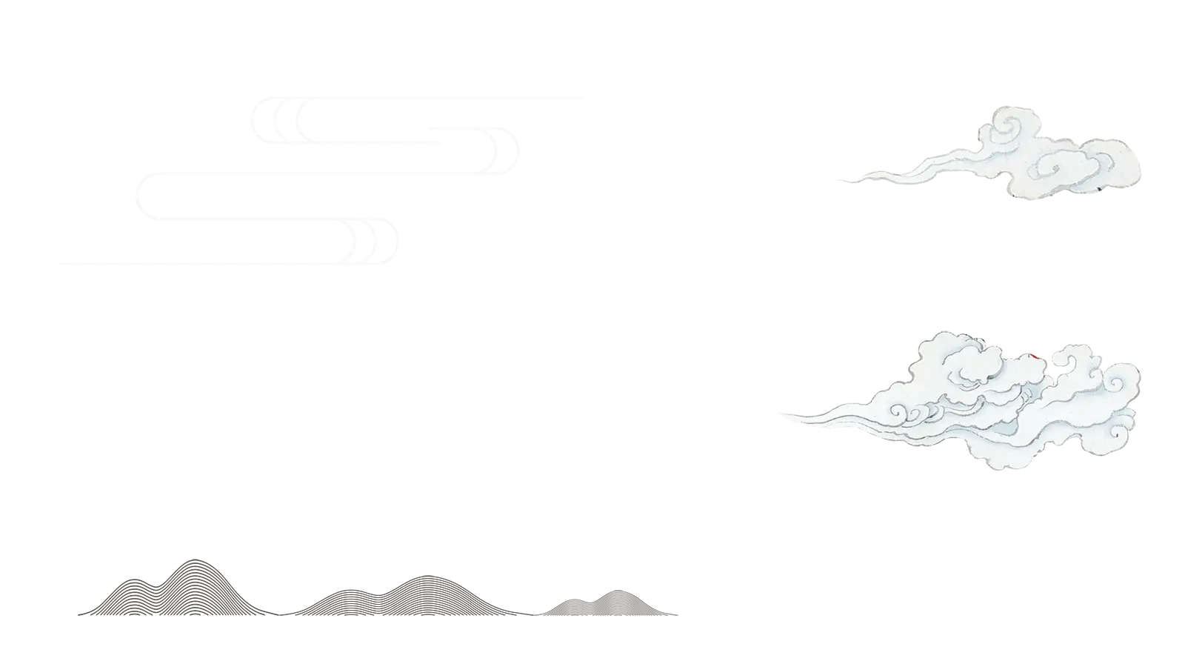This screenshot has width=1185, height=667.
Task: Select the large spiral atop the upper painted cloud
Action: pyautogui.click(x=1007, y=126)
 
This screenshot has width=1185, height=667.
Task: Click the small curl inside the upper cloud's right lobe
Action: pyautogui.click(x=1052, y=167)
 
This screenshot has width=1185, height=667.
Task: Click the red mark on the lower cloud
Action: pyautogui.click(x=1034, y=355)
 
